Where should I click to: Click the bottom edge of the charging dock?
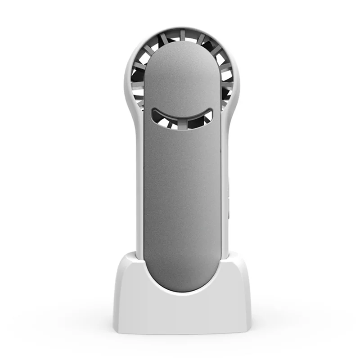click(182, 333)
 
